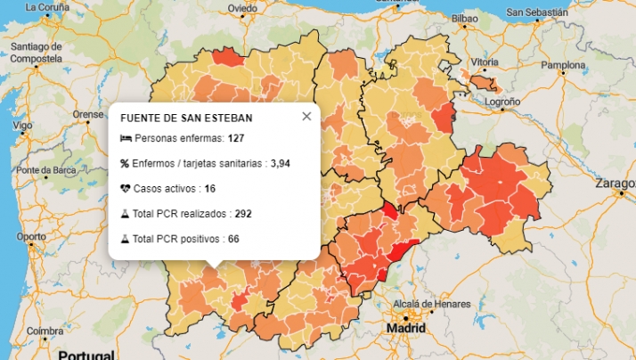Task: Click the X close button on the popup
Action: click(306, 116)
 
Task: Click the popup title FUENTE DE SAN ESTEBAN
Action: click(186, 118)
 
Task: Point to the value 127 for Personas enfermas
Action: click(236, 138)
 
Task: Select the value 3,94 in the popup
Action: click(281, 164)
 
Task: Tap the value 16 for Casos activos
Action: click(210, 189)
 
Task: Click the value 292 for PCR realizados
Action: click(243, 214)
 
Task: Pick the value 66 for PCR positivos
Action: click(233, 239)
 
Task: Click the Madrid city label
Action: click(406, 328)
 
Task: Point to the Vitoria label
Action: click(485, 62)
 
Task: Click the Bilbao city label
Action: click(464, 18)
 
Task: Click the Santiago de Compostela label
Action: click(36, 52)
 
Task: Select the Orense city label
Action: click(88, 115)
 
